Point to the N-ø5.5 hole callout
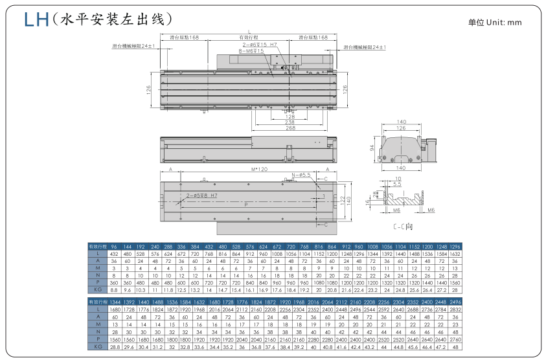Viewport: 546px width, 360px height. coord(302,175)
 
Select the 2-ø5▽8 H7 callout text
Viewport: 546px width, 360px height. coord(201,194)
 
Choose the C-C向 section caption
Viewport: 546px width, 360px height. coord(403,228)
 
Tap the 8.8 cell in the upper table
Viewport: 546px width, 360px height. coord(113,290)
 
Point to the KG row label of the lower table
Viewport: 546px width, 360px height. coord(97,347)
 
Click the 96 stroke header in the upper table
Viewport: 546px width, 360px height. coord(113,247)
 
